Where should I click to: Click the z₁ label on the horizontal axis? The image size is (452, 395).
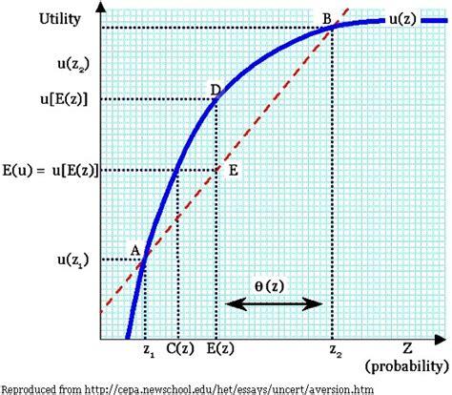click(147, 352)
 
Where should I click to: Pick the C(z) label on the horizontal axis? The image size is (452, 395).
click(178, 351)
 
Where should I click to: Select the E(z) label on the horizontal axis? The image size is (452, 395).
click(217, 351)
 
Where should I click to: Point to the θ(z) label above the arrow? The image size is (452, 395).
click(275, 286)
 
